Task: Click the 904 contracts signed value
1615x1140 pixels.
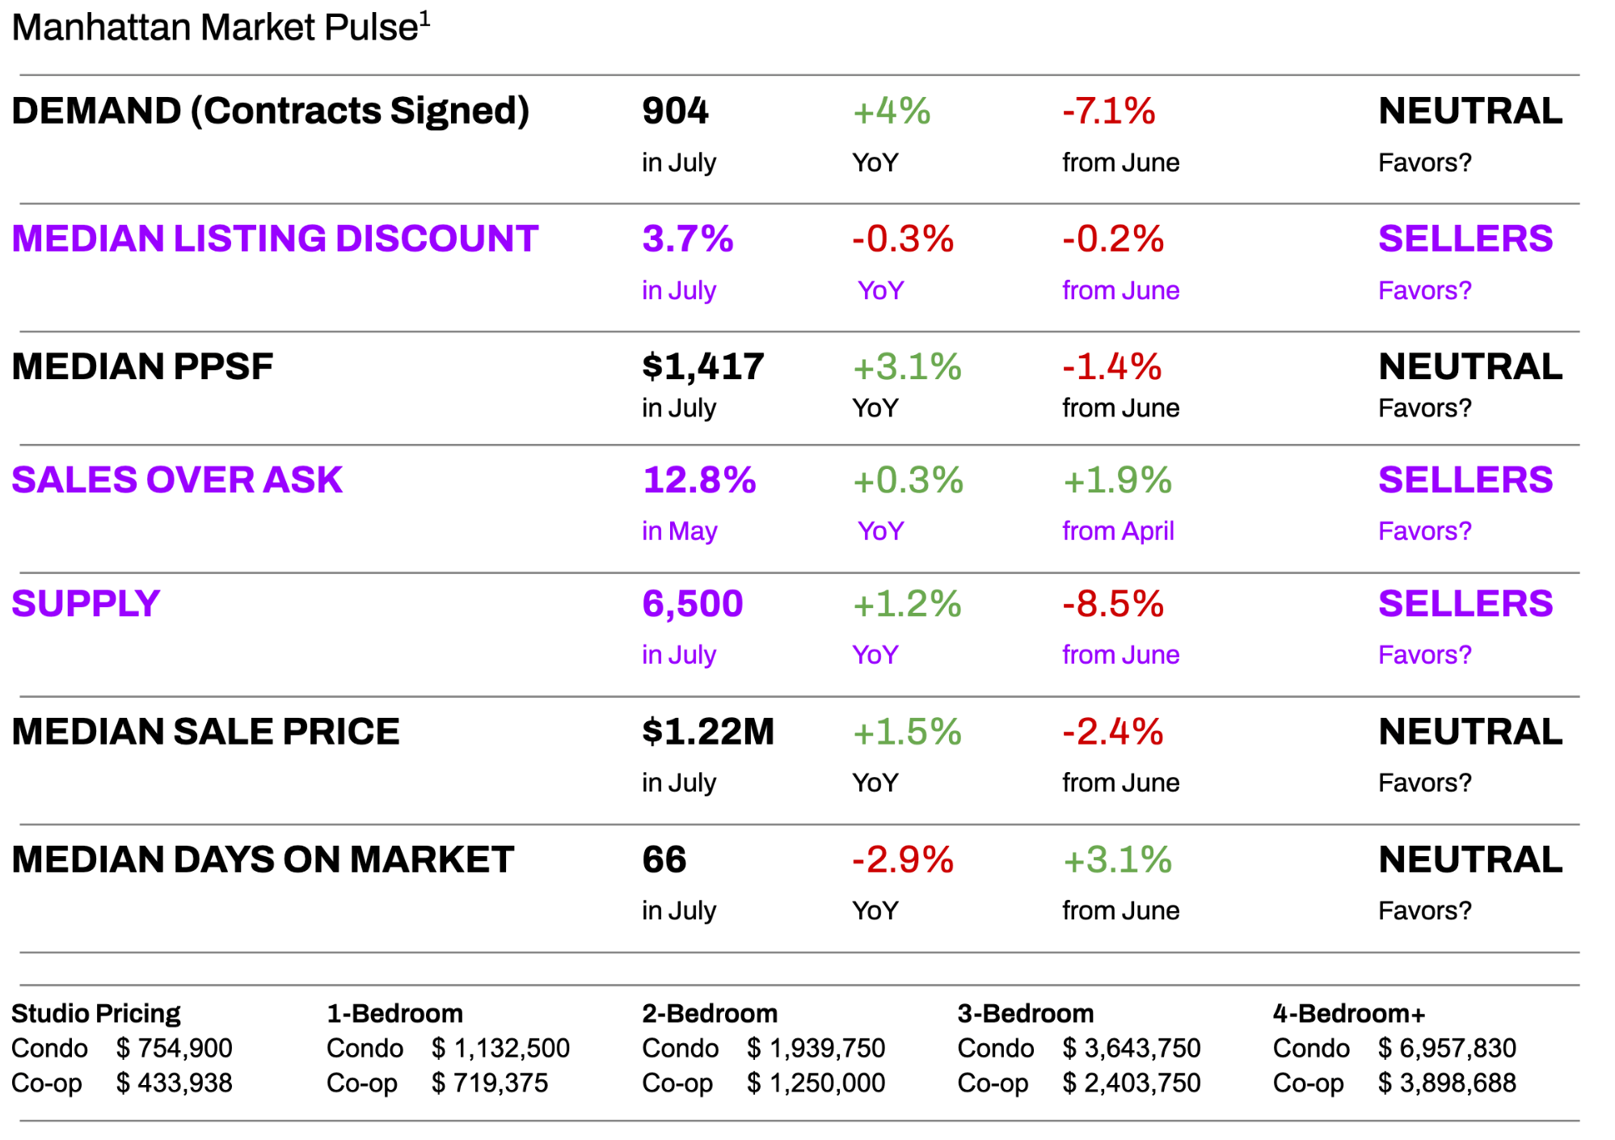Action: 675,111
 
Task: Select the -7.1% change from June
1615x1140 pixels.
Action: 1108,111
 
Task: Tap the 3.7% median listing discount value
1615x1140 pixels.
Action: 688,239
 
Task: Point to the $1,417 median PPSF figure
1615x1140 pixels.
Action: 702,366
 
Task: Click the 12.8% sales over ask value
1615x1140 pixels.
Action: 699,479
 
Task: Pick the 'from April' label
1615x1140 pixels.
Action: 1118,531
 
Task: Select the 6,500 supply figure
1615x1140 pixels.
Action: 693,604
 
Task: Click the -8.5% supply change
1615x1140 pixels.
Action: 1113,604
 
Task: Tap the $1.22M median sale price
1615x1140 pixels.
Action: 708,732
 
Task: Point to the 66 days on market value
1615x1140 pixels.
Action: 664,859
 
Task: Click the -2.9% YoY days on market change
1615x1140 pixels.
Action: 903,859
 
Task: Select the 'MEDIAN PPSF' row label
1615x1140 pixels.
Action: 142,366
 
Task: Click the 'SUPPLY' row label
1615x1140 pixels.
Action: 86,604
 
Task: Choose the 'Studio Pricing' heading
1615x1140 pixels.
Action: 95,1013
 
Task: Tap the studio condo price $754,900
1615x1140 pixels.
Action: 175,1048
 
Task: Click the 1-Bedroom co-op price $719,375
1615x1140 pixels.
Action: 490,1083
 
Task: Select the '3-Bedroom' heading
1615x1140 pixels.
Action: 1025,1013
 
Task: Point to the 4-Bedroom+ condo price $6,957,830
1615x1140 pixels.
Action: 1447,1048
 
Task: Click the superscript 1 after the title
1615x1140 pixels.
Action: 425,18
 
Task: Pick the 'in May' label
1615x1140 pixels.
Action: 680,531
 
